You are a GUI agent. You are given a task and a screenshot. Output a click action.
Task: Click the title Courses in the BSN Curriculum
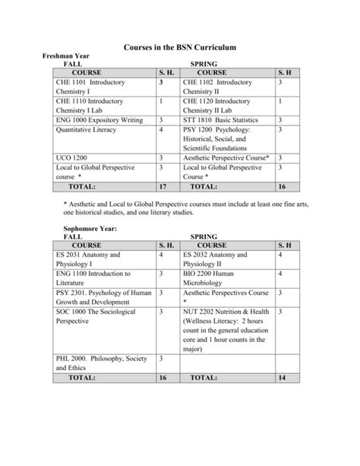click(180, 48)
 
